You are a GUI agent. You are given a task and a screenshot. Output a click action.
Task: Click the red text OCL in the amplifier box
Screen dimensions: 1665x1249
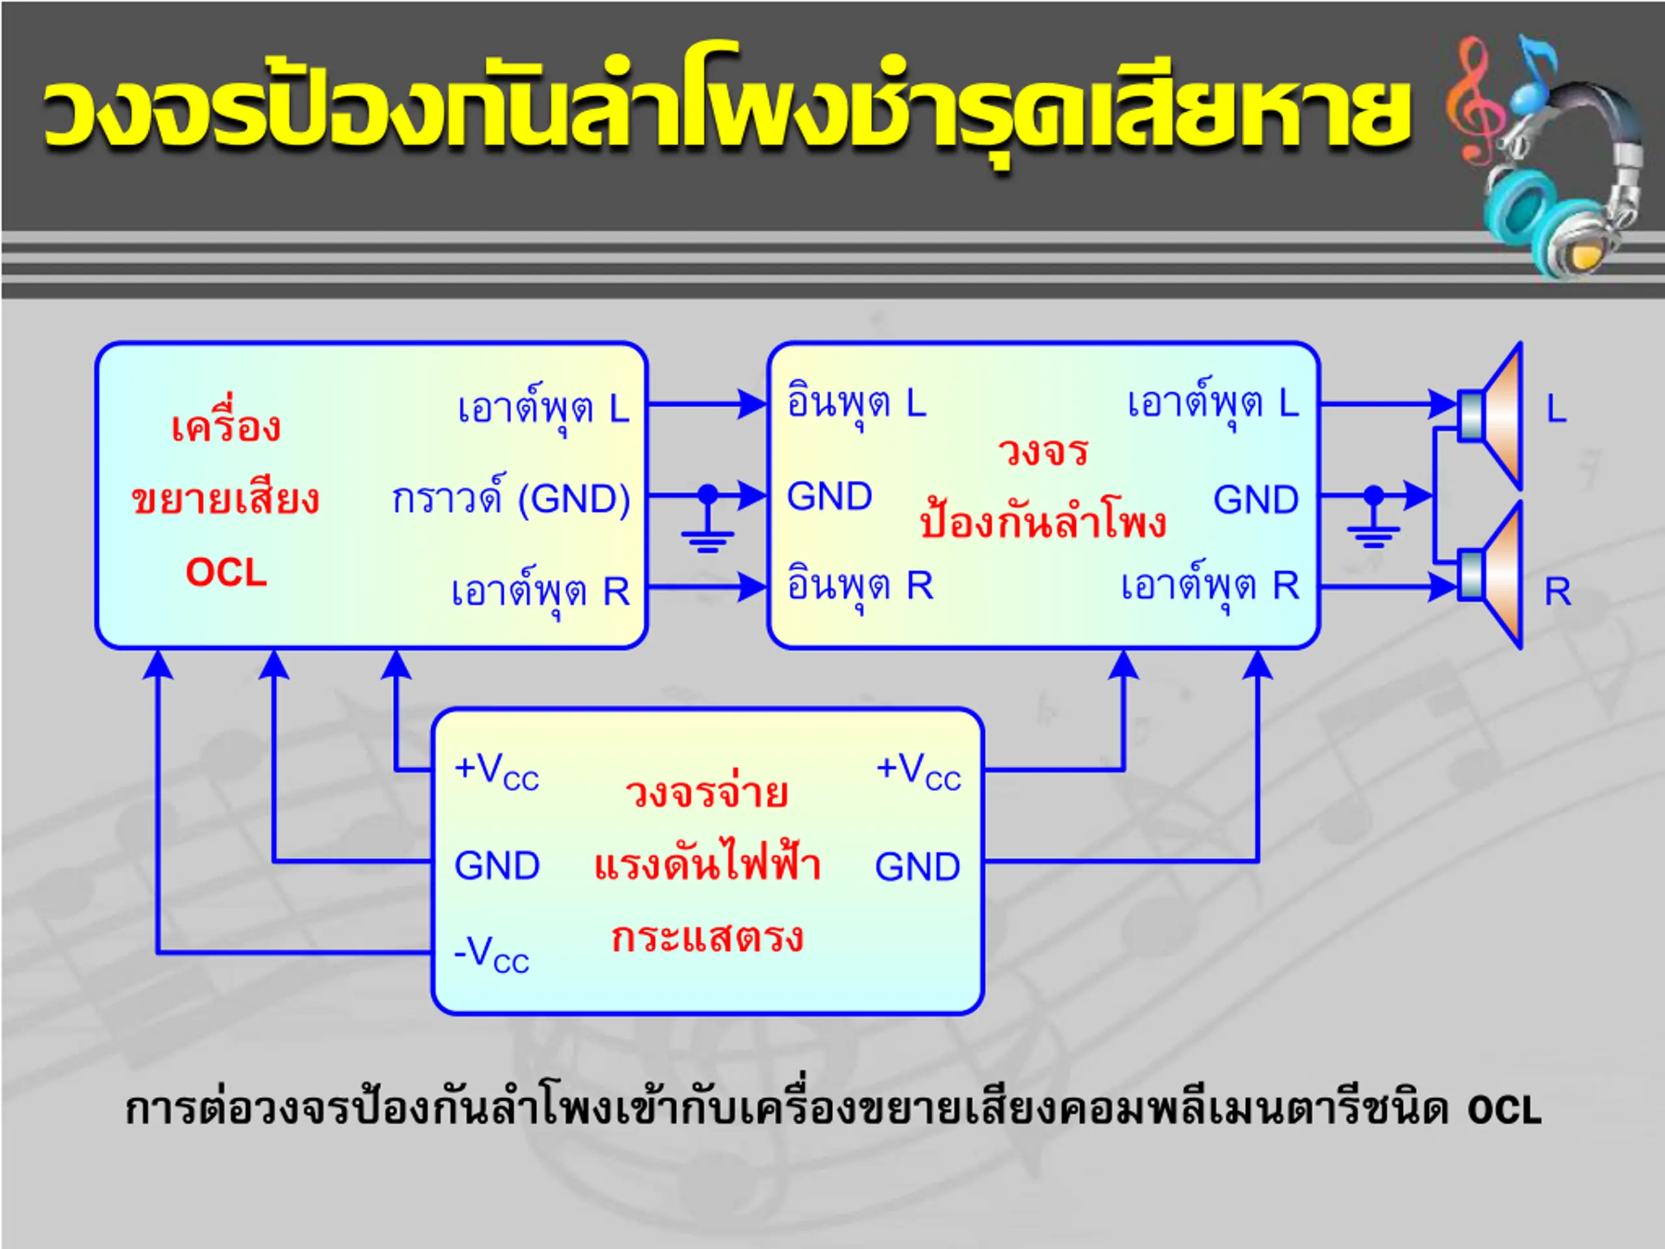[226, 572]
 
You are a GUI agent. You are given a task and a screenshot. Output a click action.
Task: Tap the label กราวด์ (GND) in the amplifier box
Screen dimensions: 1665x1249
[511, 498]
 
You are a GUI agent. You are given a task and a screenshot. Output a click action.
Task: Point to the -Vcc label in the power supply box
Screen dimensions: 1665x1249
[492, 953]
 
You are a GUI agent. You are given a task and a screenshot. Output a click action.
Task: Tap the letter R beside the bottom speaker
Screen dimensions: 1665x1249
[1558, 592]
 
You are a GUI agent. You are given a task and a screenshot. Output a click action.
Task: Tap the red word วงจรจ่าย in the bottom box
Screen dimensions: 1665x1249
[707, 792]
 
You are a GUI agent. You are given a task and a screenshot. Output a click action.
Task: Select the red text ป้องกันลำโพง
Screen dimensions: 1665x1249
[1043, 520]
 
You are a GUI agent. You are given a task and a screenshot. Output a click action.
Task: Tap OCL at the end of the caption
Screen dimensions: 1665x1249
[1504, 1110]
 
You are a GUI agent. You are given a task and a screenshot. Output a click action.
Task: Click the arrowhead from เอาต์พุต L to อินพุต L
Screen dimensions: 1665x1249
[752, 404]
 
